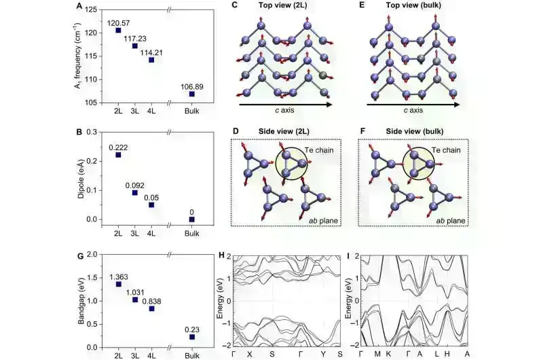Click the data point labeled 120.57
click(x=118, y=31)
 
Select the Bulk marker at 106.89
click(x=192, y=94)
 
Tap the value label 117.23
click(x=135, y=39)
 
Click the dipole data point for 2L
click(x=118, y=155)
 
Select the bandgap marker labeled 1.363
click(x=118, y=284)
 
